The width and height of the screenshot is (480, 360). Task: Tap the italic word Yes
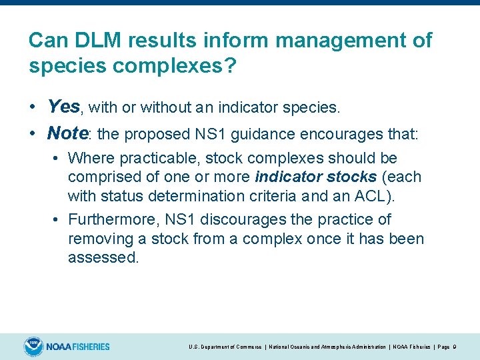[x=64, y=106]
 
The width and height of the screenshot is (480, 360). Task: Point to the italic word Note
[x=68, y=133]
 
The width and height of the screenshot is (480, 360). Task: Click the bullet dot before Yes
[x=33, y=107]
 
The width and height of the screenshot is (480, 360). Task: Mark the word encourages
[x=323, y=134]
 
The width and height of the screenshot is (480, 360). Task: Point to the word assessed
[x=103, y=258]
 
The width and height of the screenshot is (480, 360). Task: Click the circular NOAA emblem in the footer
[x=33, y=347]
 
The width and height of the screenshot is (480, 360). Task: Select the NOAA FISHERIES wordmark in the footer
[x=78, y=347]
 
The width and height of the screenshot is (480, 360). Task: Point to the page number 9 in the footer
[x=454, y=347]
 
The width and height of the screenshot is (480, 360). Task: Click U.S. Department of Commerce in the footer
[x=225, y=347]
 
